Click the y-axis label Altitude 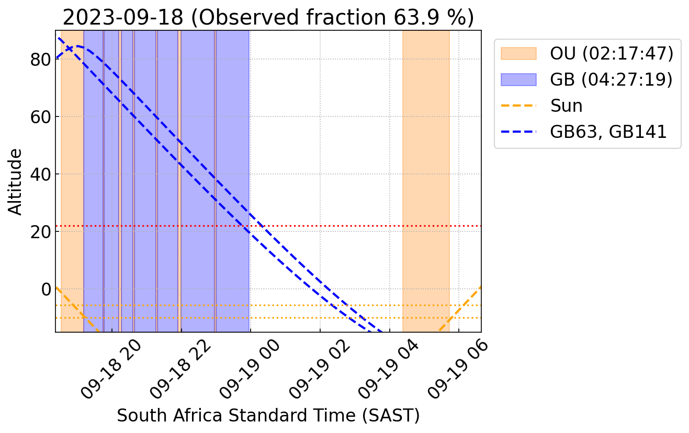click(x=16, y=181)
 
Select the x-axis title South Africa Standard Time click(x=268, y=415)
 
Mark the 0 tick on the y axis click(x=46, y=289)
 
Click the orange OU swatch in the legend click(x=518, y=53)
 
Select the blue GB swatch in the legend click(x=518, y=79)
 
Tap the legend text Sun click(x=566, y=106)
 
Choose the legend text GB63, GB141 click(x=608, y=132)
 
